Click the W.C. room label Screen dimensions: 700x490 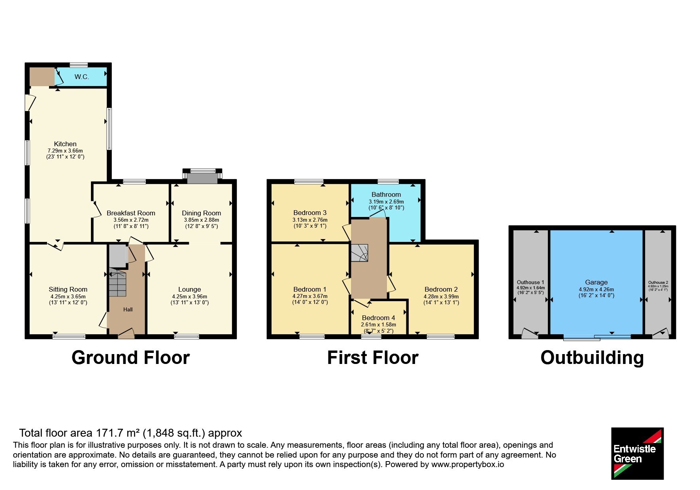82,77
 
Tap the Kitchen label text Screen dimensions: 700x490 65,144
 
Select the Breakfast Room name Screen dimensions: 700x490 131,213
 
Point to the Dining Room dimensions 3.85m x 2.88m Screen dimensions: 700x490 201,220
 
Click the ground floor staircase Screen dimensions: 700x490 117,282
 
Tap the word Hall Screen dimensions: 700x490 128,309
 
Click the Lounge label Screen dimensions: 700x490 189,289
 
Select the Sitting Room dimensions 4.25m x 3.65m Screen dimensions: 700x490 68,296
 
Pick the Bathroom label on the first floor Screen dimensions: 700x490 386,194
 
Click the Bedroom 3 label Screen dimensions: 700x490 310,213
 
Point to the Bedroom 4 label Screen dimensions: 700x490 378,318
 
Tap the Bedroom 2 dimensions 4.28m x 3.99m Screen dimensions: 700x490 441,296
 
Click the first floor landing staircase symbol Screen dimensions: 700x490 360,253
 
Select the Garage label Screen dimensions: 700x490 596,282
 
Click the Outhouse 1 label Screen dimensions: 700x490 530,282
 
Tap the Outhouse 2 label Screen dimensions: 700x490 658,283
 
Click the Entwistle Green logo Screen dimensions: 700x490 637,453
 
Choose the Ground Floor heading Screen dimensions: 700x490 130,358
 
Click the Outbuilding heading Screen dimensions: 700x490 592,358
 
